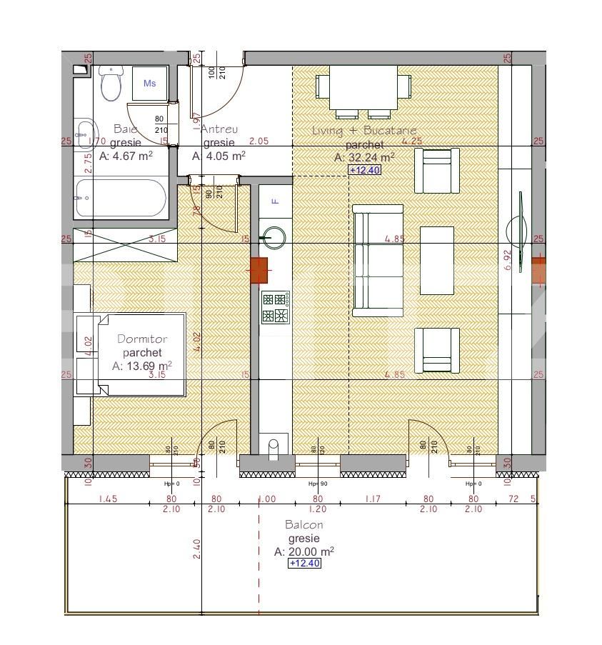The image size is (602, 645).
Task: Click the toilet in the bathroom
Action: pyautogui.click(x=111, y=84)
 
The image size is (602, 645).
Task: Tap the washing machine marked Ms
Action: pyautogui.click(x=150, y=84)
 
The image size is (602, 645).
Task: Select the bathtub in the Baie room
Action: pyautogui.click(x=121, y=197)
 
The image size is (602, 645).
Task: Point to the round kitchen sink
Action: pyautogui.click(x=274, y=234)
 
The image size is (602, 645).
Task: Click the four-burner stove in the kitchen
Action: pyautogui.click(x=275, y=307)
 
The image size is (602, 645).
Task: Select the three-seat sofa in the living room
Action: pyautogui.click(x=377, y=261)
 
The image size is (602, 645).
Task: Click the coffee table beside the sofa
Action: pyautogui.click(x=436, y=260)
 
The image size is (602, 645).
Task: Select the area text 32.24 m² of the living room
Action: pyautogui.click(x=365, y=157)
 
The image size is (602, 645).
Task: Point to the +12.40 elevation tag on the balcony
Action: pyautogui.click(x=304, y=564)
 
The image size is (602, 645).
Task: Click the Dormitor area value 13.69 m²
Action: pyautogui.click(x=142, y=366)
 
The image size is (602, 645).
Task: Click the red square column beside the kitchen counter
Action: pyautogui.click(x=258, y=269)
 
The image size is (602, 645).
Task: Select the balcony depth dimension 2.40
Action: pyautogui.click(x=196, y=549)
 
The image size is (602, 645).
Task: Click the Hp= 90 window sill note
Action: pyautogui.click(x=317, y=484)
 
